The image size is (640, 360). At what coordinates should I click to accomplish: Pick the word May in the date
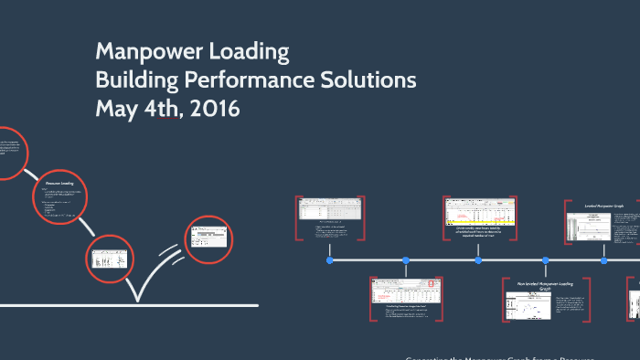pyautogui.click(x=117, y=110)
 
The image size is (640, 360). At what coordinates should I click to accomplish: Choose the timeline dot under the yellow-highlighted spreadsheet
pyautogui.click(x=478, y=260)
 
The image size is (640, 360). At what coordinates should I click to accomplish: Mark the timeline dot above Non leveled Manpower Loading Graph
pyautogui.click(x=546, y=260)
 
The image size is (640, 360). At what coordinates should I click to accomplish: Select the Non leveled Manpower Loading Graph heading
pyautogui.click(x=546, y=287)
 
